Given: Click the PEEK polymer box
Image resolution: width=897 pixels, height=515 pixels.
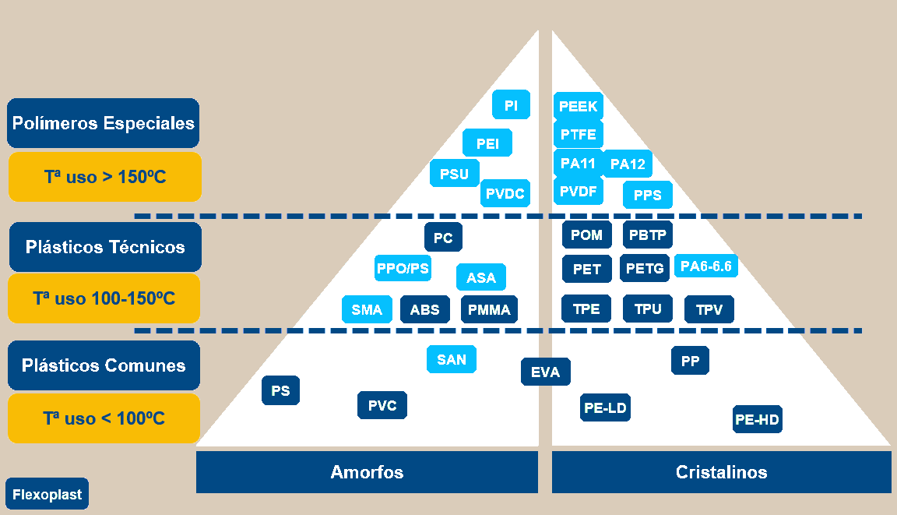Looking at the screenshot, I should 578,106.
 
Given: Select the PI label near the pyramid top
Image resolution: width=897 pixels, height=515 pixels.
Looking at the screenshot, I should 511,104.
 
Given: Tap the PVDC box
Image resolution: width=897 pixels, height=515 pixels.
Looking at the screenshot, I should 505,192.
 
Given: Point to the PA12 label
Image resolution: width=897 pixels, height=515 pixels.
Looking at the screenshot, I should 628,164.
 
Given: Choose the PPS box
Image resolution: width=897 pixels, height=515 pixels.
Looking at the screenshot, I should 647,195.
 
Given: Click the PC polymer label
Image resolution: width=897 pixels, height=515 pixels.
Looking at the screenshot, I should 443,238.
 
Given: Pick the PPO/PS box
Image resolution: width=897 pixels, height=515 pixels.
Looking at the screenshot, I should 403,269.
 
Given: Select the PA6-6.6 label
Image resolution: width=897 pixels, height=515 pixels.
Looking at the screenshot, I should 705,266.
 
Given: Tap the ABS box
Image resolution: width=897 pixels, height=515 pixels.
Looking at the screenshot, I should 424,309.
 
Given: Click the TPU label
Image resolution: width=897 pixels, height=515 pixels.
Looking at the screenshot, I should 647,309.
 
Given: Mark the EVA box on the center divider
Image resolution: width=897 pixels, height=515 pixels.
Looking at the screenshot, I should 545,372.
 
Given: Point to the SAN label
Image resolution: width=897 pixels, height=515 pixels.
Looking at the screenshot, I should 452,359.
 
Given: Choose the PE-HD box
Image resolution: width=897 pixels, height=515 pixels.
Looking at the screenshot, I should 757,420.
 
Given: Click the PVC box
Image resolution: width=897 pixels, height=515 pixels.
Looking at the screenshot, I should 382,405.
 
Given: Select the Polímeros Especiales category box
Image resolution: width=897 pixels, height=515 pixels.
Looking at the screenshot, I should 104,123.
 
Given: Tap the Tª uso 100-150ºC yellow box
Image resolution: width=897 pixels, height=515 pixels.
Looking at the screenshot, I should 104,298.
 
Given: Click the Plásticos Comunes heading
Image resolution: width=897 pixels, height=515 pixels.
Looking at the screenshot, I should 104,365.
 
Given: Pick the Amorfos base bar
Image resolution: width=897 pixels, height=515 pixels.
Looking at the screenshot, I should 367,472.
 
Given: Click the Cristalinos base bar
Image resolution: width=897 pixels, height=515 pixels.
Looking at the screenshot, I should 721,472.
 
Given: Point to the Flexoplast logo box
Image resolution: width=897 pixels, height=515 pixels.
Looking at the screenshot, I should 47,494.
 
